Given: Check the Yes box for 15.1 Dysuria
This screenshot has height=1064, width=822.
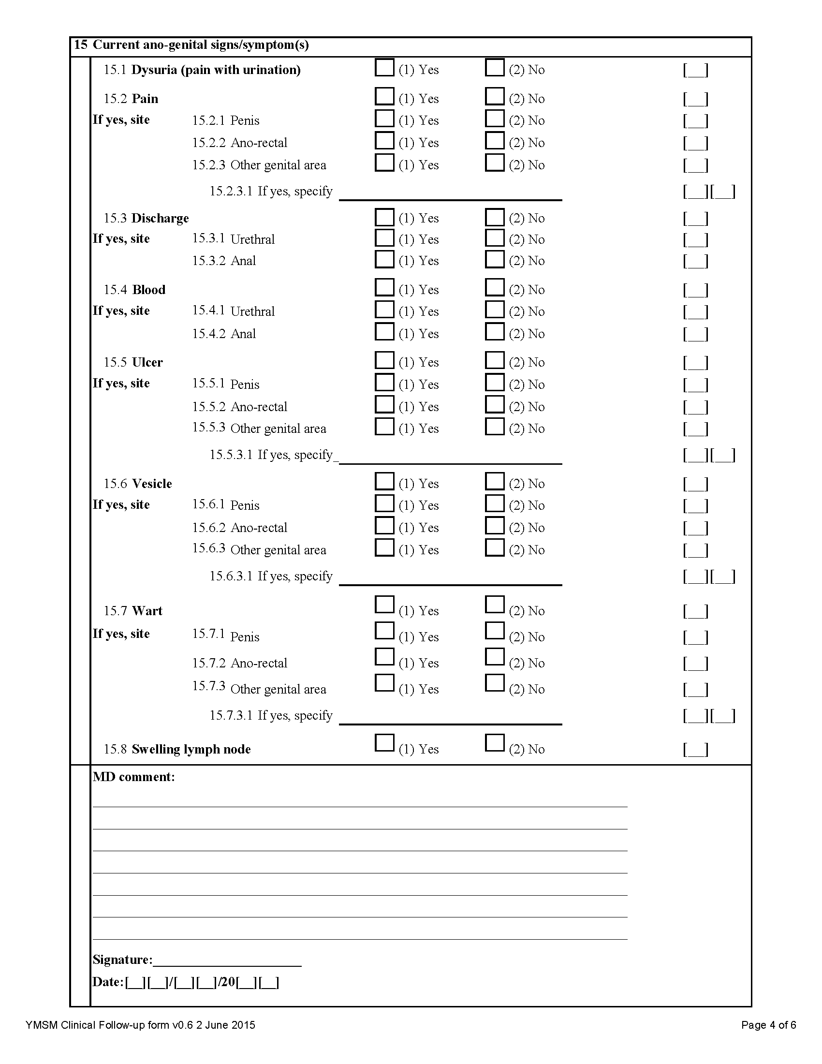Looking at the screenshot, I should click(384, 67).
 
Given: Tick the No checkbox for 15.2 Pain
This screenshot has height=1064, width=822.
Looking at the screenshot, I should click(494, 96).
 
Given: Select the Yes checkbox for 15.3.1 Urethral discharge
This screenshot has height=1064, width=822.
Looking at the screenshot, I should click(384, 237).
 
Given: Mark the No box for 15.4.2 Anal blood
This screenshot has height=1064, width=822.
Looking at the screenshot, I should click(494, 331).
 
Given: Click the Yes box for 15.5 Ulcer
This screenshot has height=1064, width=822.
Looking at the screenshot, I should click(384, 360).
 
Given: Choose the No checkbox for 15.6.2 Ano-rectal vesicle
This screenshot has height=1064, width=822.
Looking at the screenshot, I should click(494, 525).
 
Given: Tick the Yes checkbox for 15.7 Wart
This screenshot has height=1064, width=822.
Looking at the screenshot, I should click(384, 605).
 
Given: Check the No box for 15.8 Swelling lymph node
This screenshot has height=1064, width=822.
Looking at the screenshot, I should click(494, 743).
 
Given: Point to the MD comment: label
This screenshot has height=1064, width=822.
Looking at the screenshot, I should click(133, 777).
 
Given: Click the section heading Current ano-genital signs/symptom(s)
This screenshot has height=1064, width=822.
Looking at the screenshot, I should click(201, 45).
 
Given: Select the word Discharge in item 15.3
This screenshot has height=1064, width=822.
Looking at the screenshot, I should click(160, 218).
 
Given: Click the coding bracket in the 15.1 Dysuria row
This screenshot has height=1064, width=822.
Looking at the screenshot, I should click(695, 70).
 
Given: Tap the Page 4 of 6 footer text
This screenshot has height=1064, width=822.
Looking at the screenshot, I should click(768, 1025).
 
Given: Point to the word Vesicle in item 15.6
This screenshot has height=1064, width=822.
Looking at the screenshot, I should click(152, 484).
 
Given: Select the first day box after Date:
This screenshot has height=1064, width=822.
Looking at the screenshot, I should click(135, 982).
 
